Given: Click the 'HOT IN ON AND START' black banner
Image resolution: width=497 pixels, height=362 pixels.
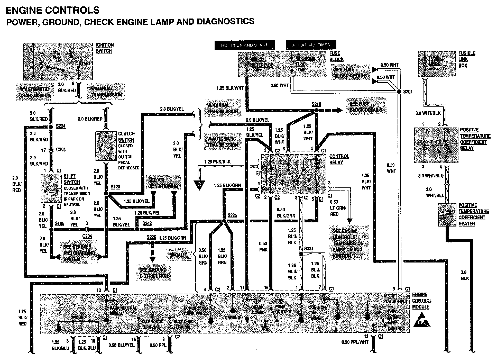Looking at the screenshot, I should click(244, 45).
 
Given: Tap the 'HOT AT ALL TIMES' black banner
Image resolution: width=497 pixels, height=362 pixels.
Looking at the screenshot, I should click(311, 45).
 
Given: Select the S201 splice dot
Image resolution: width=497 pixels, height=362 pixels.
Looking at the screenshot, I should click(399, 92).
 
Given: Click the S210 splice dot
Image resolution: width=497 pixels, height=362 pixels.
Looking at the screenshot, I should click(316, 110).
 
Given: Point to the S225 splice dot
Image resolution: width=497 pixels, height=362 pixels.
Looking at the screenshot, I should click(224, 221).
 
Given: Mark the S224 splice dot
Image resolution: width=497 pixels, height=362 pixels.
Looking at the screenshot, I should click(51, 126).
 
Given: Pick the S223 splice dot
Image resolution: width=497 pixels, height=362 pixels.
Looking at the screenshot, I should click(106, 193).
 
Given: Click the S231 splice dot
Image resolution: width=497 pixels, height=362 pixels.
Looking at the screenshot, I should click(301, 254).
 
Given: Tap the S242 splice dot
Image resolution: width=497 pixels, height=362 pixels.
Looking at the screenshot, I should click(137, 229).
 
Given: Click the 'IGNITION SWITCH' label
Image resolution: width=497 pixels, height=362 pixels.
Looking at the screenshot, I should click(105, 48).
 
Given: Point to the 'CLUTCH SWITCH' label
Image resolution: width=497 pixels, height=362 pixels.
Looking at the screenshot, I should click(126, 137).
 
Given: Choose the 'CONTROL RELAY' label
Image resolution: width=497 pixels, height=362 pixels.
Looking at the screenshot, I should click(339, 159).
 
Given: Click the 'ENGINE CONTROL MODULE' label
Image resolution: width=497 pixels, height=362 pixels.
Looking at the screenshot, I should click(422, 301).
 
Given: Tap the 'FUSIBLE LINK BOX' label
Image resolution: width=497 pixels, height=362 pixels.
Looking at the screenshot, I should click(467, 59).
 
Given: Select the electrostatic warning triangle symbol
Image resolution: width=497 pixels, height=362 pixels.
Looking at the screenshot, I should click(421, 320).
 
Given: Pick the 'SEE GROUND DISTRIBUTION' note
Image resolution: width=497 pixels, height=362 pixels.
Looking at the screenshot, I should click(154, 273).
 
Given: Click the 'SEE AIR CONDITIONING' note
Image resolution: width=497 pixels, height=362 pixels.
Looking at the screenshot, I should click(163, 183).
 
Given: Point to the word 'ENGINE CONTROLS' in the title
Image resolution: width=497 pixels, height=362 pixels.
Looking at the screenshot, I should click(52, 10).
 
